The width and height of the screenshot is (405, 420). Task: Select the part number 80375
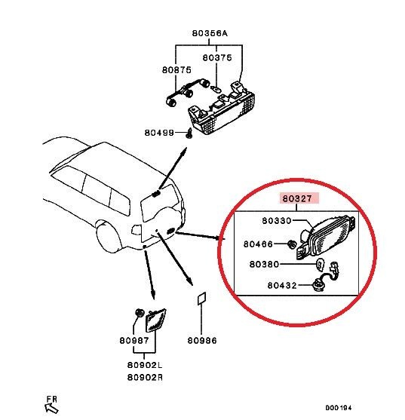[x=218, y=57]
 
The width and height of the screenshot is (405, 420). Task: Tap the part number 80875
[x=176, y=69]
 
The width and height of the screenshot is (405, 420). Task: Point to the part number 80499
[x=160, y=133]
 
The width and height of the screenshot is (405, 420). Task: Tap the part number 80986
[x=202, y=341]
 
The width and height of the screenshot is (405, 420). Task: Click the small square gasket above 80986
[x=201, y=299]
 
